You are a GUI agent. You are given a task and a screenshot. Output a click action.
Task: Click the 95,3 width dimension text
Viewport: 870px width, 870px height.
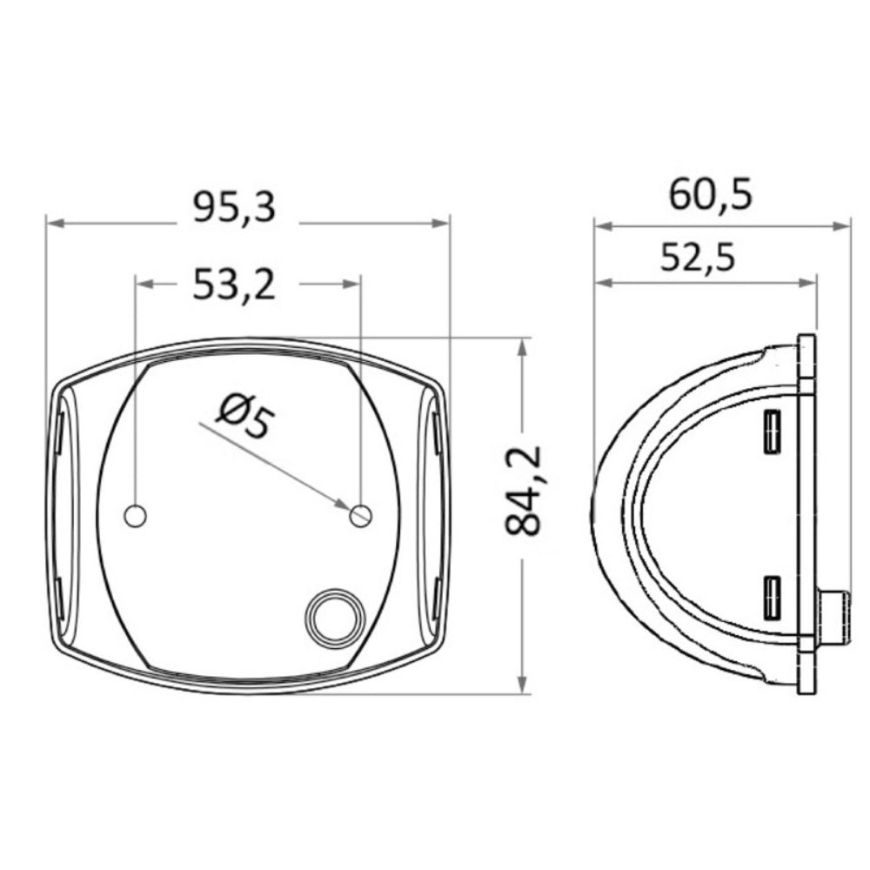(234, 209)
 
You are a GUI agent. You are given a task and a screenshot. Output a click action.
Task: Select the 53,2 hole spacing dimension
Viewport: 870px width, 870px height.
(234, 284)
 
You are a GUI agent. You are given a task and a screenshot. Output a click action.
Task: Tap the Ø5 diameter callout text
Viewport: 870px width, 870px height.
(244, 415)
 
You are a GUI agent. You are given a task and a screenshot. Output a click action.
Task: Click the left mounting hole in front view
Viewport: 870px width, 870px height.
(135, 515)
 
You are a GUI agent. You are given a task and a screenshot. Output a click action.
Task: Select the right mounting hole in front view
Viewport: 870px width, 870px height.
(359, 516)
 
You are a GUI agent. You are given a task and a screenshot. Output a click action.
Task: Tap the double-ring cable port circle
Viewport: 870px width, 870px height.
(334, 616)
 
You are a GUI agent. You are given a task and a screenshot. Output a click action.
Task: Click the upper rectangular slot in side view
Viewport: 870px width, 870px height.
(771, 432)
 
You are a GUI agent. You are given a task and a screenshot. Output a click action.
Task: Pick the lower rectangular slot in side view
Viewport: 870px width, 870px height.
(771, 598)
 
